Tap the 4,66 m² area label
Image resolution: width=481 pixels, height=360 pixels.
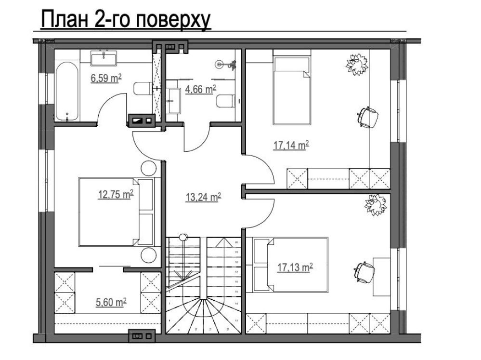click(200, 89)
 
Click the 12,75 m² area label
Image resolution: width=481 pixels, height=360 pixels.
click(116, 195)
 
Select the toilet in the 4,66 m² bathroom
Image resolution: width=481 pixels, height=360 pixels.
click(225, 101)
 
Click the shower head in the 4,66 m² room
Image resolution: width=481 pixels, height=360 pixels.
click(221, 63)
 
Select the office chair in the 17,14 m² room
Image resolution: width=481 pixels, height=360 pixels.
click(367, 117)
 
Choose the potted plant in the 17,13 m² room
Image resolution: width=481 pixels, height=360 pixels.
click(376, 205)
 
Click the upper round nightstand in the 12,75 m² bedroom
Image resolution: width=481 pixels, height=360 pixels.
click(148, 169)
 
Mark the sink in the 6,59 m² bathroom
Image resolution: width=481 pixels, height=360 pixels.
click(104, 58)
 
